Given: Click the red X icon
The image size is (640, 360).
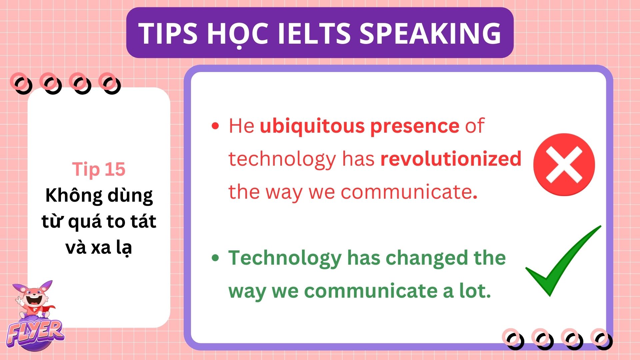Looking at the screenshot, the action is pos(564,164).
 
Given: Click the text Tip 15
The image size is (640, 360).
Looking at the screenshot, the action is pos(99,169).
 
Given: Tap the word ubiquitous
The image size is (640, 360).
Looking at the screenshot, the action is pos(312,126).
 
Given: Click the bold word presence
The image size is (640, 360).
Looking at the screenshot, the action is pos(415,127).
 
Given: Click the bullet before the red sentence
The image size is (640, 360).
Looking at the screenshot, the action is pos(215,126).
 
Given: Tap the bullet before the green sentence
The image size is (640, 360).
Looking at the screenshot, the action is pos(215,258).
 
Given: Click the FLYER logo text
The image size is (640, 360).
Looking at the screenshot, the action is pos(35,332).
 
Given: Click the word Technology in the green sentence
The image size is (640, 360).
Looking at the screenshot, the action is pos(285,259).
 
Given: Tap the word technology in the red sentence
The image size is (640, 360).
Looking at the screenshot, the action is pos(283,159).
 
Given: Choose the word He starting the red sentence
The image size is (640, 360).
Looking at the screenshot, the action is pos(241,126).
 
